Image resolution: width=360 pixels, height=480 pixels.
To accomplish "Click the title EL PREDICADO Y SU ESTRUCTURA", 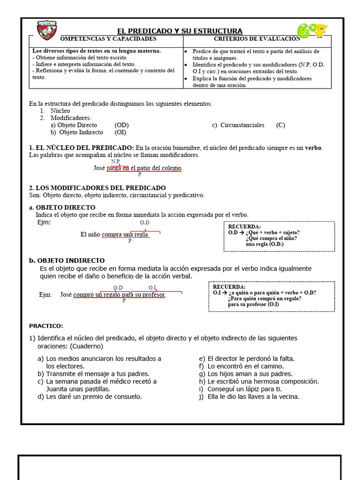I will pyautogui.click(x=180, y=31).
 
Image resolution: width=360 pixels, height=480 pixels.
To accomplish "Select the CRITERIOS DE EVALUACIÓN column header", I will pyautogui.click(x=257, y=38).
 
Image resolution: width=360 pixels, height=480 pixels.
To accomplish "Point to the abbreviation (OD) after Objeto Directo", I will pyautogui.click(x=121, y=125).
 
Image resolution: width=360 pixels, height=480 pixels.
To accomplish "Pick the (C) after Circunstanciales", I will pyautogui.click(x=280, y=125).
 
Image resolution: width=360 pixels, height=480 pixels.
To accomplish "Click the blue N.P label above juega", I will pyautogui.click(x=115, y=161).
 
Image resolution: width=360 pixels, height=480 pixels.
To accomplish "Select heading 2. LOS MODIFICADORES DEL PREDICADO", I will pyautogui.click(x=97, y=187).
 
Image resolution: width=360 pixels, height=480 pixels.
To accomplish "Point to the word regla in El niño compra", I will pyautogui.click(x=141, y=234).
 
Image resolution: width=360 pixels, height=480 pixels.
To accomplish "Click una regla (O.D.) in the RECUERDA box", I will pyautogui.click(x=264, y=244).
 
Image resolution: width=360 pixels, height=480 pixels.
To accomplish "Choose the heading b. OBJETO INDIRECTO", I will pyautogui.click(x=67, y=260).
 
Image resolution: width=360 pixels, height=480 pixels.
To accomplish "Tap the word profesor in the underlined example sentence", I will pyautogui.click(x=153, y=295).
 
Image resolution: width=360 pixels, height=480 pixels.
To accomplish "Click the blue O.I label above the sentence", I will pyautogui.click(x=152, y=287).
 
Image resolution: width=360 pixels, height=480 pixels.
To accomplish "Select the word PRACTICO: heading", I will pyautogui.click(x=46, y=325).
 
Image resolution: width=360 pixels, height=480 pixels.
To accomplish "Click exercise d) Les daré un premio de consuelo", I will pyautogui.click(x=90, y=397).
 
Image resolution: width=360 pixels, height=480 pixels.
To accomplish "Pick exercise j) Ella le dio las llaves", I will pyautogui.click(x=248, y=397).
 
